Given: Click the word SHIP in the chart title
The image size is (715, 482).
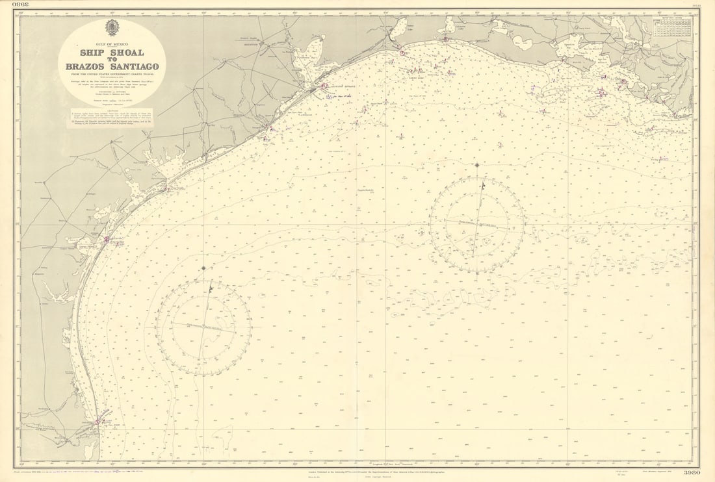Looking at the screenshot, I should tap(94, 53).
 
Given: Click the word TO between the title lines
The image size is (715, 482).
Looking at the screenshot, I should tap(112, 59).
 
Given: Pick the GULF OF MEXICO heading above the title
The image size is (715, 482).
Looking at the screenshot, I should tap(112, 43).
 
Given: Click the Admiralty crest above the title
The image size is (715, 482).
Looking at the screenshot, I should tap(112, 28).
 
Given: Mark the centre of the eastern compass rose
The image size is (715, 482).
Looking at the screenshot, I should tap(477, 225).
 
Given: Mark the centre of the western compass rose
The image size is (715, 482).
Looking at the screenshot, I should tap(203, 327).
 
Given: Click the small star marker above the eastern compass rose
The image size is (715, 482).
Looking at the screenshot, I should tap(476, 165).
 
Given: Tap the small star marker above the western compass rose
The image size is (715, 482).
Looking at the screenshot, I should tap(203, 268).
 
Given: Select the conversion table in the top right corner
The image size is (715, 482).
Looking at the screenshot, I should tap(673, 27).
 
